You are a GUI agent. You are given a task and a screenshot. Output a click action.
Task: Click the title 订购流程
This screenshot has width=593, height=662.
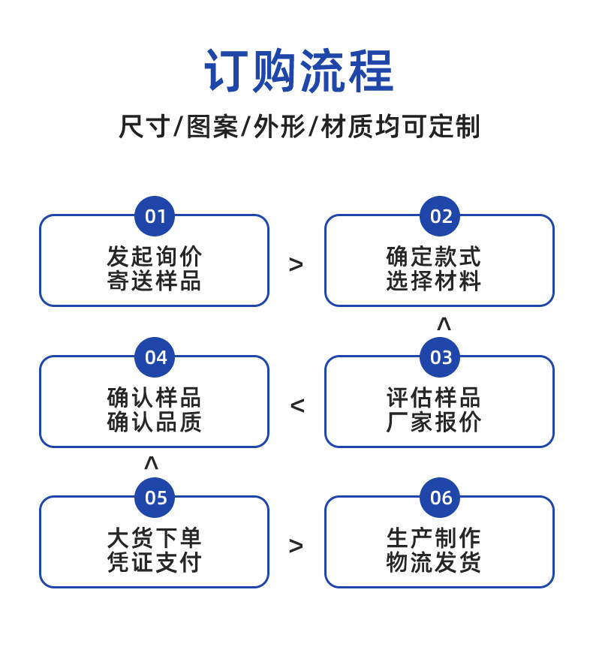click(298, 71)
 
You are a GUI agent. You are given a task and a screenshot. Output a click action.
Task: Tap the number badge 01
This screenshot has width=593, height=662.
click(155, 217)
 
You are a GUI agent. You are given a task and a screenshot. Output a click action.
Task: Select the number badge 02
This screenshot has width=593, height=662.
click(441, 217)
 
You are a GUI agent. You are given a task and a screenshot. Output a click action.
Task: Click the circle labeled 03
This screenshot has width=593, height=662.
click(441, 357)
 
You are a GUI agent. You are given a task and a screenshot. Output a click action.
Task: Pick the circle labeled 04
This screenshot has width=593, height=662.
click(155, 357)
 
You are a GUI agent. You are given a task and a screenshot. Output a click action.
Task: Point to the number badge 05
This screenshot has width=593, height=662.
click(155, 498)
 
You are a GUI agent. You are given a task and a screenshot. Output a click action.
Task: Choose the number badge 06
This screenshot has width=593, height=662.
click(441, 498)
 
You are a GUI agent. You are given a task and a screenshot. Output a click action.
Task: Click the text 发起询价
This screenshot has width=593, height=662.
click(155, 257)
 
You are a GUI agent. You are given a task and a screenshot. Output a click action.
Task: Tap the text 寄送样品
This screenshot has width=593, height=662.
click(155, 281)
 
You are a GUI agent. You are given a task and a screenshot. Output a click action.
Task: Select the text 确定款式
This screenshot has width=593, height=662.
click(433, 257)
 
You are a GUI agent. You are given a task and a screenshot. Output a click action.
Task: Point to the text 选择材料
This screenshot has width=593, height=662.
click(433, 281)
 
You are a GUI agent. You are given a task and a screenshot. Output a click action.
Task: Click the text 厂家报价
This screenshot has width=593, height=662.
click(433, 422)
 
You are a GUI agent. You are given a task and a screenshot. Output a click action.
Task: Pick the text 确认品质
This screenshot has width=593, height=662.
click(155, 422)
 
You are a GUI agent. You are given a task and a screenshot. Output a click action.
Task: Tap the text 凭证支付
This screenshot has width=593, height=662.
click(155, 562)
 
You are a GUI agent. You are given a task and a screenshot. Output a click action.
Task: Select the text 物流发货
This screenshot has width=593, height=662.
click(433, 562)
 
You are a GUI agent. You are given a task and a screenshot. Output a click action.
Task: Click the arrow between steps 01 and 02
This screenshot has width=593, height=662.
click(296, 264)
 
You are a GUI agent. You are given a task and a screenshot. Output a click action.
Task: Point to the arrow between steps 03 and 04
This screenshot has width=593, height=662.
click(297, 406)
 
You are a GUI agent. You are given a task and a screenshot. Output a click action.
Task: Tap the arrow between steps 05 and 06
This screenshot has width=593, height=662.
click(296, 546)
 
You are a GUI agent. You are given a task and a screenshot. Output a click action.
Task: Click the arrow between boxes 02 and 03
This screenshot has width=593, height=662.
click(444, 324)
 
